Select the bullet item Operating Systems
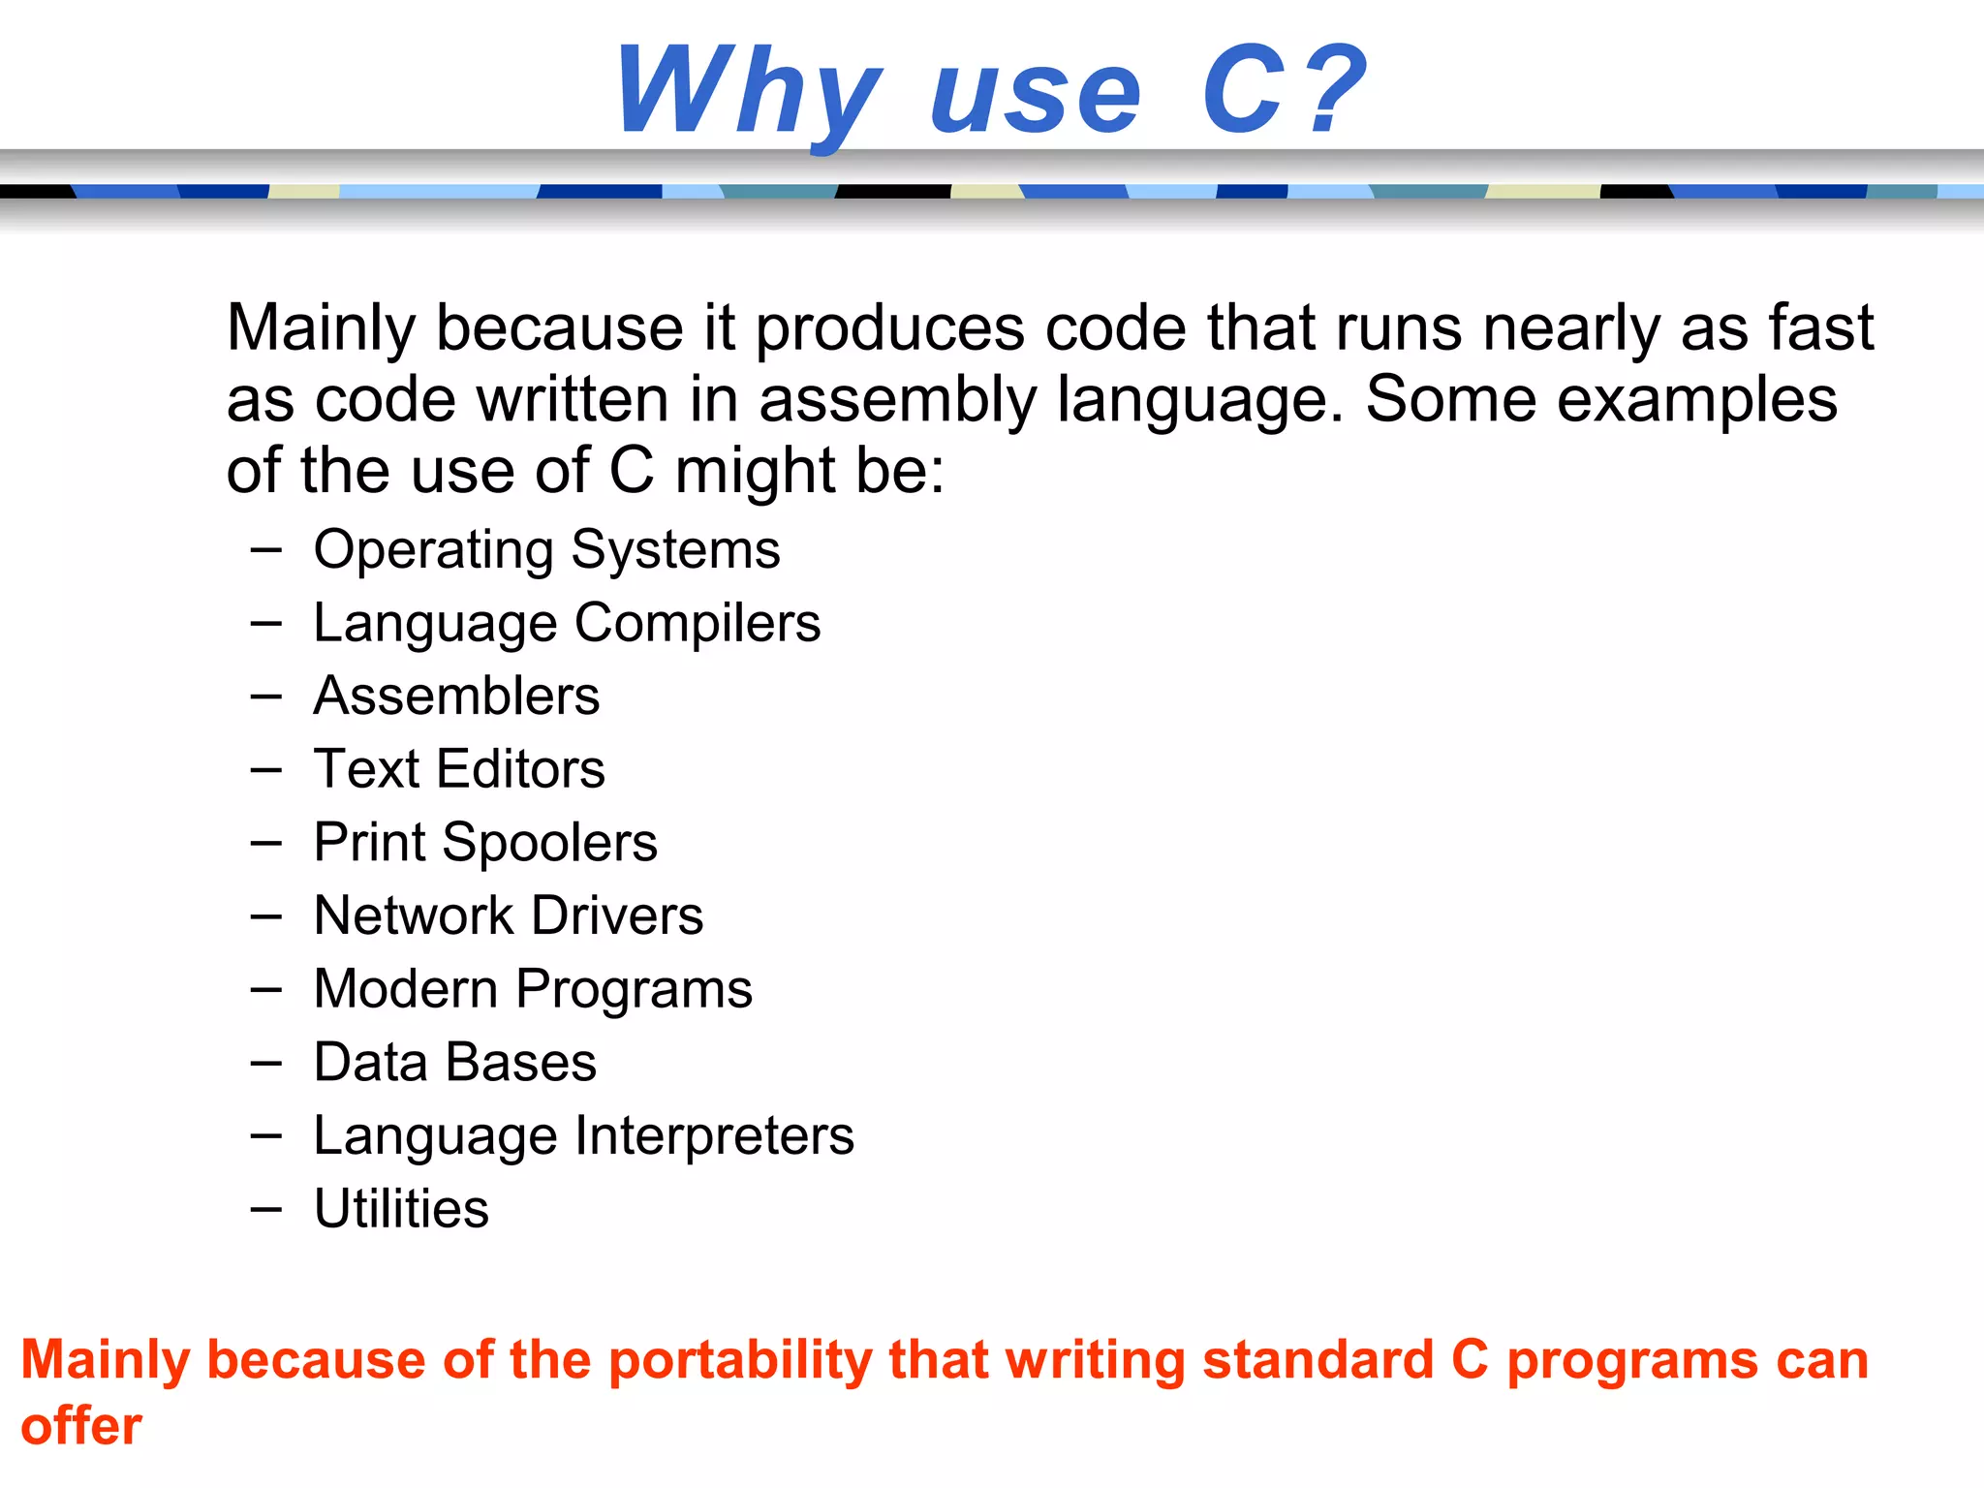pos(546,550)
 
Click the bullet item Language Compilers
pos(567,623)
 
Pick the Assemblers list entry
pos(456,696)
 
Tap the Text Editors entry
pos(459,769)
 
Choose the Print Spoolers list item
pos(485,842)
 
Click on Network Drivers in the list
pos(509,915)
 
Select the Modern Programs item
pos(533,989)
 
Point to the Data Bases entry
pos(455,1062)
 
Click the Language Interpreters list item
pos(583,1135)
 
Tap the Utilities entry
pos(401,1209)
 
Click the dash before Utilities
pos(265,1209)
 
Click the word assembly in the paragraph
pos(896,400)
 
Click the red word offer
pos(81,1426)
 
